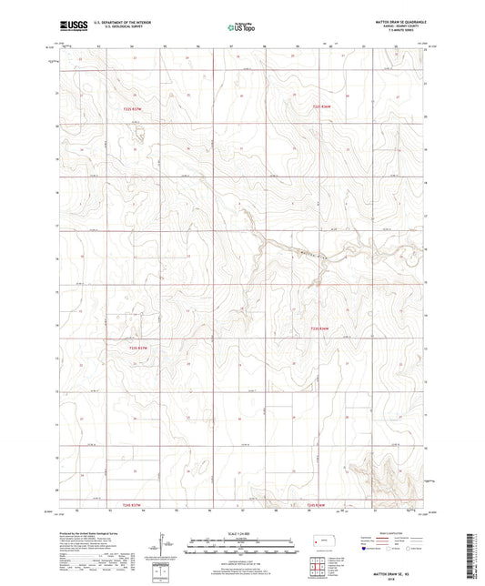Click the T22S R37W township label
click(x=135, y=110)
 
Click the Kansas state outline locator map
click(x=321, y=543)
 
